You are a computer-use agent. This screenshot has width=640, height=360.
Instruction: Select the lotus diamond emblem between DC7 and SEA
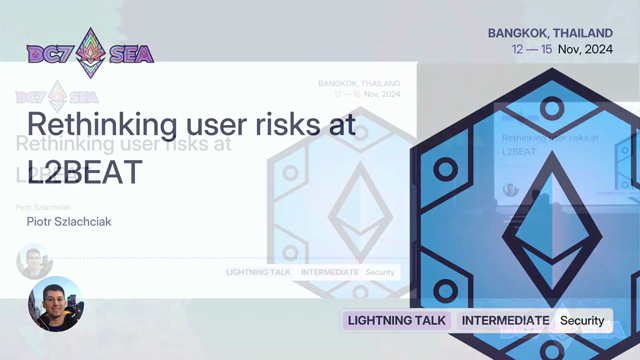91,53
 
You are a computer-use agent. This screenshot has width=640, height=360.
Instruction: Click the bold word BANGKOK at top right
516,33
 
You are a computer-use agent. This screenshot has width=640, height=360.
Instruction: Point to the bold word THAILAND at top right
581,33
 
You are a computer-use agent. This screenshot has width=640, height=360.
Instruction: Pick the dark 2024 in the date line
599,49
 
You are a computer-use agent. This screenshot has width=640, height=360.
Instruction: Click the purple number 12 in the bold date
517,49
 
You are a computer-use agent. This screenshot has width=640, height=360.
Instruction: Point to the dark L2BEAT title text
85,172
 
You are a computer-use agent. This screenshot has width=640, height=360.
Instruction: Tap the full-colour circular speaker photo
56,304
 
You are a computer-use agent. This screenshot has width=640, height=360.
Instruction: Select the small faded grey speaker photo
34,262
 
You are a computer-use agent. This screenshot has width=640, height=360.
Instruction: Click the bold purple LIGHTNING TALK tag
397,320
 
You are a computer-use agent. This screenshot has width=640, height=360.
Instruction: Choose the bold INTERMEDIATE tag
505,320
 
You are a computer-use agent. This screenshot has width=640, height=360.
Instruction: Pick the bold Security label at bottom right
582,321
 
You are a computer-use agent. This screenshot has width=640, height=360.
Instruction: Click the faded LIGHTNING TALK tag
258,272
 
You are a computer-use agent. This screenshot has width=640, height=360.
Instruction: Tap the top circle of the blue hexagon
552,109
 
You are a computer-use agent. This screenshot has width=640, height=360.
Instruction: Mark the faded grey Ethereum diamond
360,212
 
